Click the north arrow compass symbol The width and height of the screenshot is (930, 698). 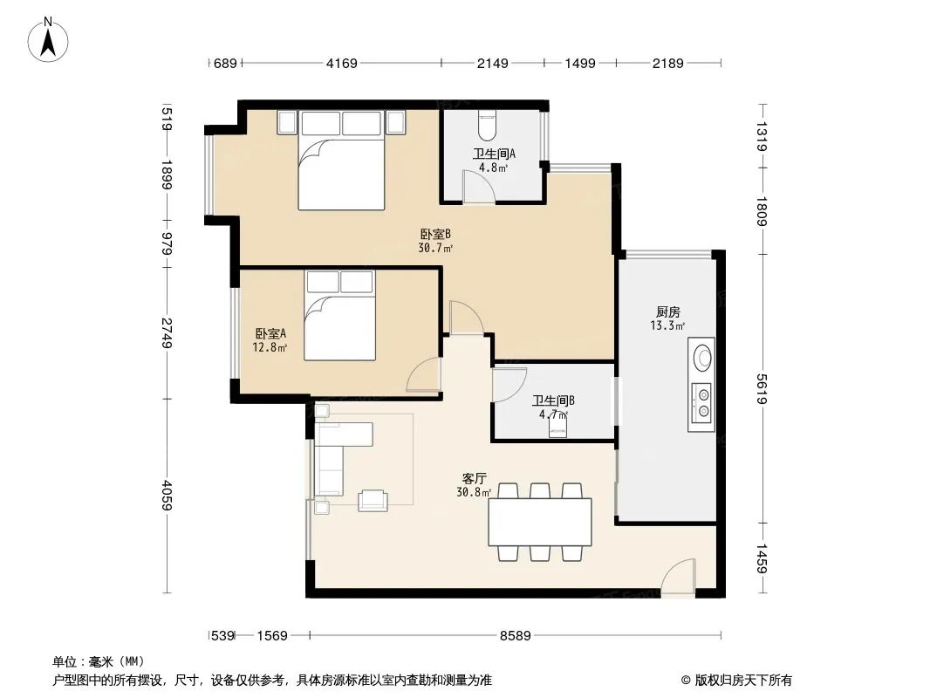point(48,39)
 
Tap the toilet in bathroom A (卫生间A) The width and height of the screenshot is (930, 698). point(486,125)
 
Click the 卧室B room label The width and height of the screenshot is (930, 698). point(435,234)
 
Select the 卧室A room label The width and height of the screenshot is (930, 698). point(270,334)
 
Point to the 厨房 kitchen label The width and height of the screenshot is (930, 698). point(668,312)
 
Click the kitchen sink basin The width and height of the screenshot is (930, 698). point(703,358)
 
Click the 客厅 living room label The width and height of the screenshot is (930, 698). point(475,478)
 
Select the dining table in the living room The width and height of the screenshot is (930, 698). point(540,522)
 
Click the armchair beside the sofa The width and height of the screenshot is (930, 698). point(373,500)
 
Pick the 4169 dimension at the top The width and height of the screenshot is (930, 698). point(342,63)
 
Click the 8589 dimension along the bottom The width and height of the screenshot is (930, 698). point(515,636)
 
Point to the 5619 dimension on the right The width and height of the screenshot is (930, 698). point(762,388)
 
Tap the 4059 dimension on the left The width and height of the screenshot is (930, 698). point(167,496)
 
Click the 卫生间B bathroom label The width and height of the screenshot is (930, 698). point(553,400)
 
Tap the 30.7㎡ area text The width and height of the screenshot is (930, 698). point(435,248)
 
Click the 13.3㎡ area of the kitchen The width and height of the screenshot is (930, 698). point(668,325)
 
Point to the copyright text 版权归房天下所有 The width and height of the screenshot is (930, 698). point(743,681)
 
